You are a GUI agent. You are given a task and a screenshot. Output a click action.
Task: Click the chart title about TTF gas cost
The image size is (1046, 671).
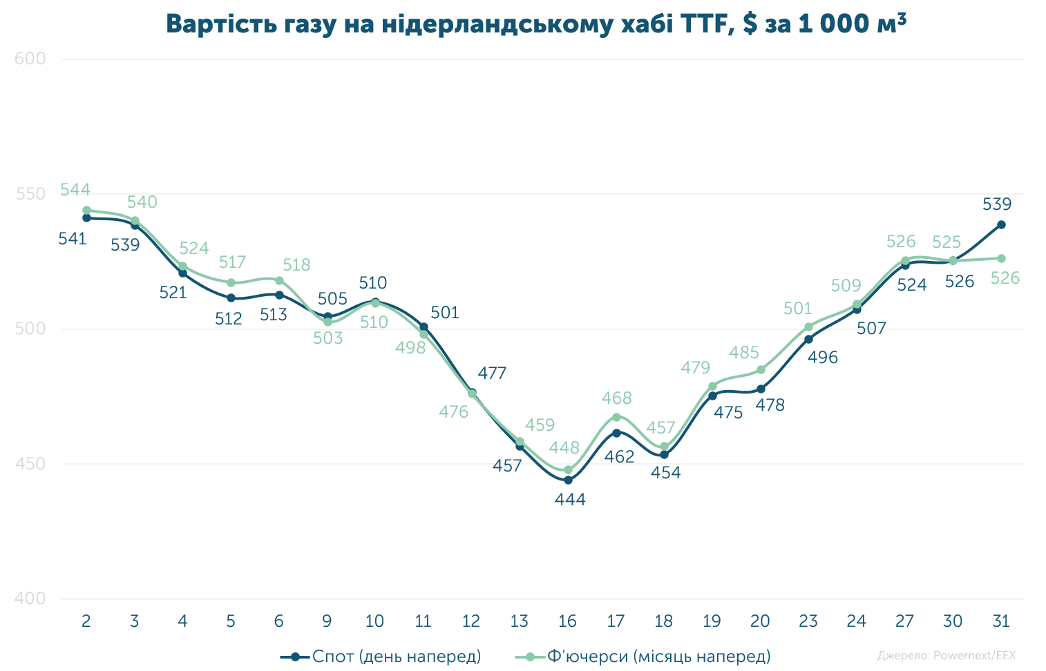(535, 24)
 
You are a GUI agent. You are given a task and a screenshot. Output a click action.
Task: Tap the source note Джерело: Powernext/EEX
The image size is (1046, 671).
(946, 655)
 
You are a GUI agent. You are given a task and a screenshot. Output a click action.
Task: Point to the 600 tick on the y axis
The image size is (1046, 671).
(30, 59)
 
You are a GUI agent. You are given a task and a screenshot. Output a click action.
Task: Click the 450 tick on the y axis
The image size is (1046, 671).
(30, 464)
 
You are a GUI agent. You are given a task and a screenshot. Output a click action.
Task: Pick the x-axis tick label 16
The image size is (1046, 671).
(567, 621)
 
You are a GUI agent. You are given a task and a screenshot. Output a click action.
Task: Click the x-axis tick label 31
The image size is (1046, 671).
(1000, 621)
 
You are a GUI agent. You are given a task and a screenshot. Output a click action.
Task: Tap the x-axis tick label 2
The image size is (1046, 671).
(86, 621)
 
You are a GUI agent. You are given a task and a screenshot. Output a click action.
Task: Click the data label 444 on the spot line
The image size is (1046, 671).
(570, 500)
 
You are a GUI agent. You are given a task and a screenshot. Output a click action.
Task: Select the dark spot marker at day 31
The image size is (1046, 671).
(1001, 224)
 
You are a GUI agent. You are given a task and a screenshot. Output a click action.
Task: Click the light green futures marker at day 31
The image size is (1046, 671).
(1001, 258)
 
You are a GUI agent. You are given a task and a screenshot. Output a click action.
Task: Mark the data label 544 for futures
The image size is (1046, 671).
(75, 190)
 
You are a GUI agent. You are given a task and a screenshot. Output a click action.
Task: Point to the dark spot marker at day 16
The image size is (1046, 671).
(568, 480)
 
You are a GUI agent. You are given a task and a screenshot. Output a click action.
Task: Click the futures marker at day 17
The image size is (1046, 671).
(616, 417)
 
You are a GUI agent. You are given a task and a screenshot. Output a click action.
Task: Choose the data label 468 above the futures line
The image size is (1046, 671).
(616, 398)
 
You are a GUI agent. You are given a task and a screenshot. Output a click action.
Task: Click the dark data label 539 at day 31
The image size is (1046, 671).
(997, 204)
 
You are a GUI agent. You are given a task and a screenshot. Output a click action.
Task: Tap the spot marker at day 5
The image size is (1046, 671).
(231, 298)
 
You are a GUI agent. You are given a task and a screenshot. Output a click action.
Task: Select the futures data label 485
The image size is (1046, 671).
(744, 353)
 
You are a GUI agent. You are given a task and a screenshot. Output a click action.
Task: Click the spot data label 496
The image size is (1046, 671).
(823, 358)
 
